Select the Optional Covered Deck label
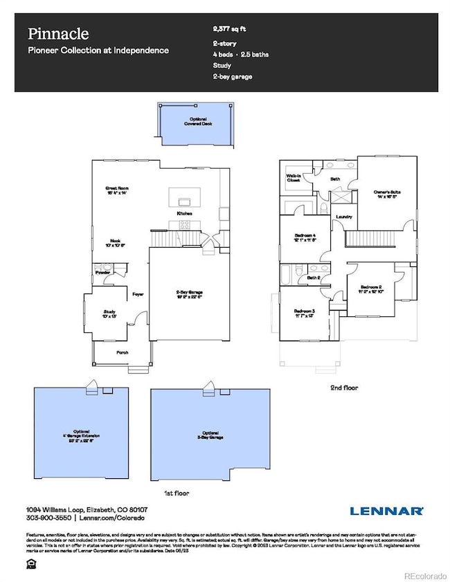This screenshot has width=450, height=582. click(195, 121)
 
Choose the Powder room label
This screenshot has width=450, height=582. click(104, 272)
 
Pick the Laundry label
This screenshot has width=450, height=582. click(344, 217)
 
